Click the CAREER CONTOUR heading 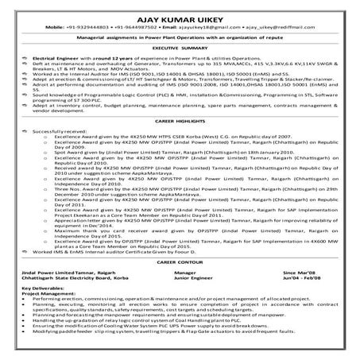tap(180, 283)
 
